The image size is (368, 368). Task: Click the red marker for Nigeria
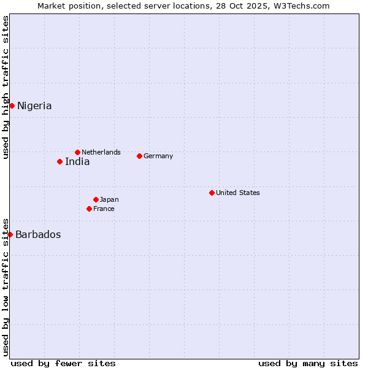coord(12,105)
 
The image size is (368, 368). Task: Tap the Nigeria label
coord(34,106)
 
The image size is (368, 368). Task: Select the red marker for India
coord(59,161)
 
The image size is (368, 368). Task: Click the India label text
coord(77,162)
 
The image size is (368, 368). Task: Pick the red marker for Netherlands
coord(77,152)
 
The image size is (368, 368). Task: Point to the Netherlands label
coord(101,152)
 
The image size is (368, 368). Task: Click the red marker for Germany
coord(139,156)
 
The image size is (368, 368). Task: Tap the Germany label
coord(158,156)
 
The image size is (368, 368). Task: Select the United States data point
coord(212,193)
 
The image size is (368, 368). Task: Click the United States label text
coord(238,193)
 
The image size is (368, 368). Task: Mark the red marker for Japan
coord(96,199)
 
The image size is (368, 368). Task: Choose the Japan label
coord(109,199)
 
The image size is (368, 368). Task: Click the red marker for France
coord(89,209)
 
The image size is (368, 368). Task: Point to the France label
coord(104,209)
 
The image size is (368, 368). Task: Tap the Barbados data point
coord(10,234)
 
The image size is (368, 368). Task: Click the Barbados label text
coord(38,235)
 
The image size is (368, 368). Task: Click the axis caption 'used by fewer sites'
coord(63,363)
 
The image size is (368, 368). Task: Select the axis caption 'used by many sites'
coord(308,363)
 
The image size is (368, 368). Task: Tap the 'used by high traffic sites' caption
coord(6,87)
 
